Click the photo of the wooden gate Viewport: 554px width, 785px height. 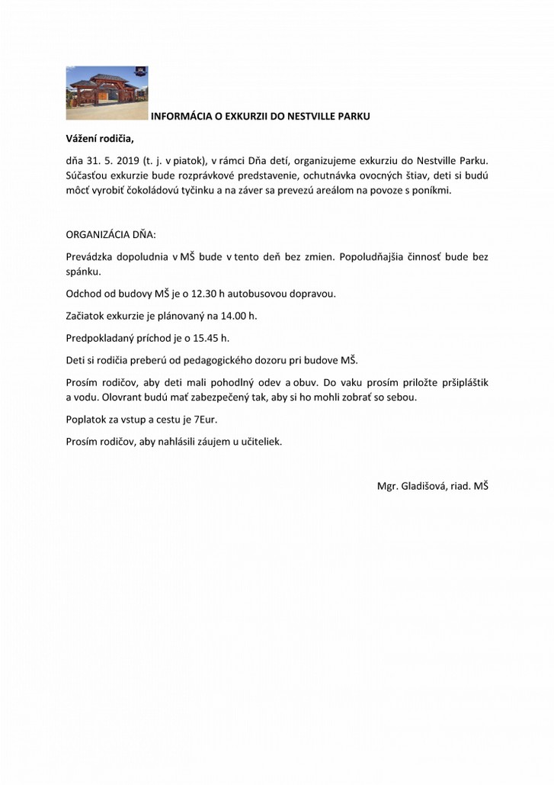point(106,92)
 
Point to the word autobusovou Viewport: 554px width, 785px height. point(255,293)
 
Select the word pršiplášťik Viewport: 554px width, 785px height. point(462,382)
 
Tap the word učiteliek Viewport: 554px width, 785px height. point(260,441)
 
